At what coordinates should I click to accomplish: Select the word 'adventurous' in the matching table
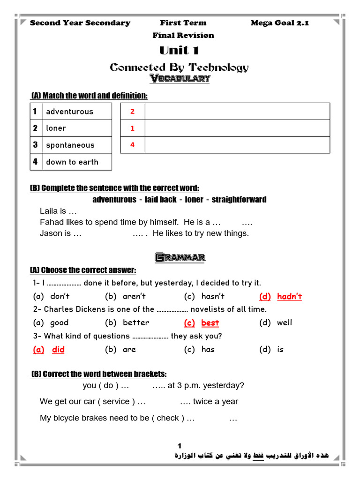tap(69, 112)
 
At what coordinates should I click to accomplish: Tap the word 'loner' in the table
tap(56, 128)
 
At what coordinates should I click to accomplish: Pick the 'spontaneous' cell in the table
tap(70, 145)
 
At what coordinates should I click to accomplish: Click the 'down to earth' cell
tap(72, 162)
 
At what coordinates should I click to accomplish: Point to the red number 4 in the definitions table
tap(132, 145)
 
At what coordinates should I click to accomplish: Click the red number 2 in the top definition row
tap(132, 111)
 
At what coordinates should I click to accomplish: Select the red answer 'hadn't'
tap(289, 296)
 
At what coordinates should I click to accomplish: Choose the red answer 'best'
tap(210, 323)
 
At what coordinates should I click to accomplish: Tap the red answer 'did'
tap(58, 349)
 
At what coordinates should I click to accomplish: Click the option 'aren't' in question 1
tap(134, 296)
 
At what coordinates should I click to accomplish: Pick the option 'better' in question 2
tap(136, 322)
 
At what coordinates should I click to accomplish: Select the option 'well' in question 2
tap(284, 322)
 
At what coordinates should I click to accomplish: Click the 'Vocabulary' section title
tap(180, 79)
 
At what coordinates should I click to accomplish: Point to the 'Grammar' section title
tap(180, 257)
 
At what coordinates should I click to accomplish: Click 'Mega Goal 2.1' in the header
tap(279, 23)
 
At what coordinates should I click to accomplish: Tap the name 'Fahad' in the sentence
tap(51, 222)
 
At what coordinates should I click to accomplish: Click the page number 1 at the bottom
tap(180, 446)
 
